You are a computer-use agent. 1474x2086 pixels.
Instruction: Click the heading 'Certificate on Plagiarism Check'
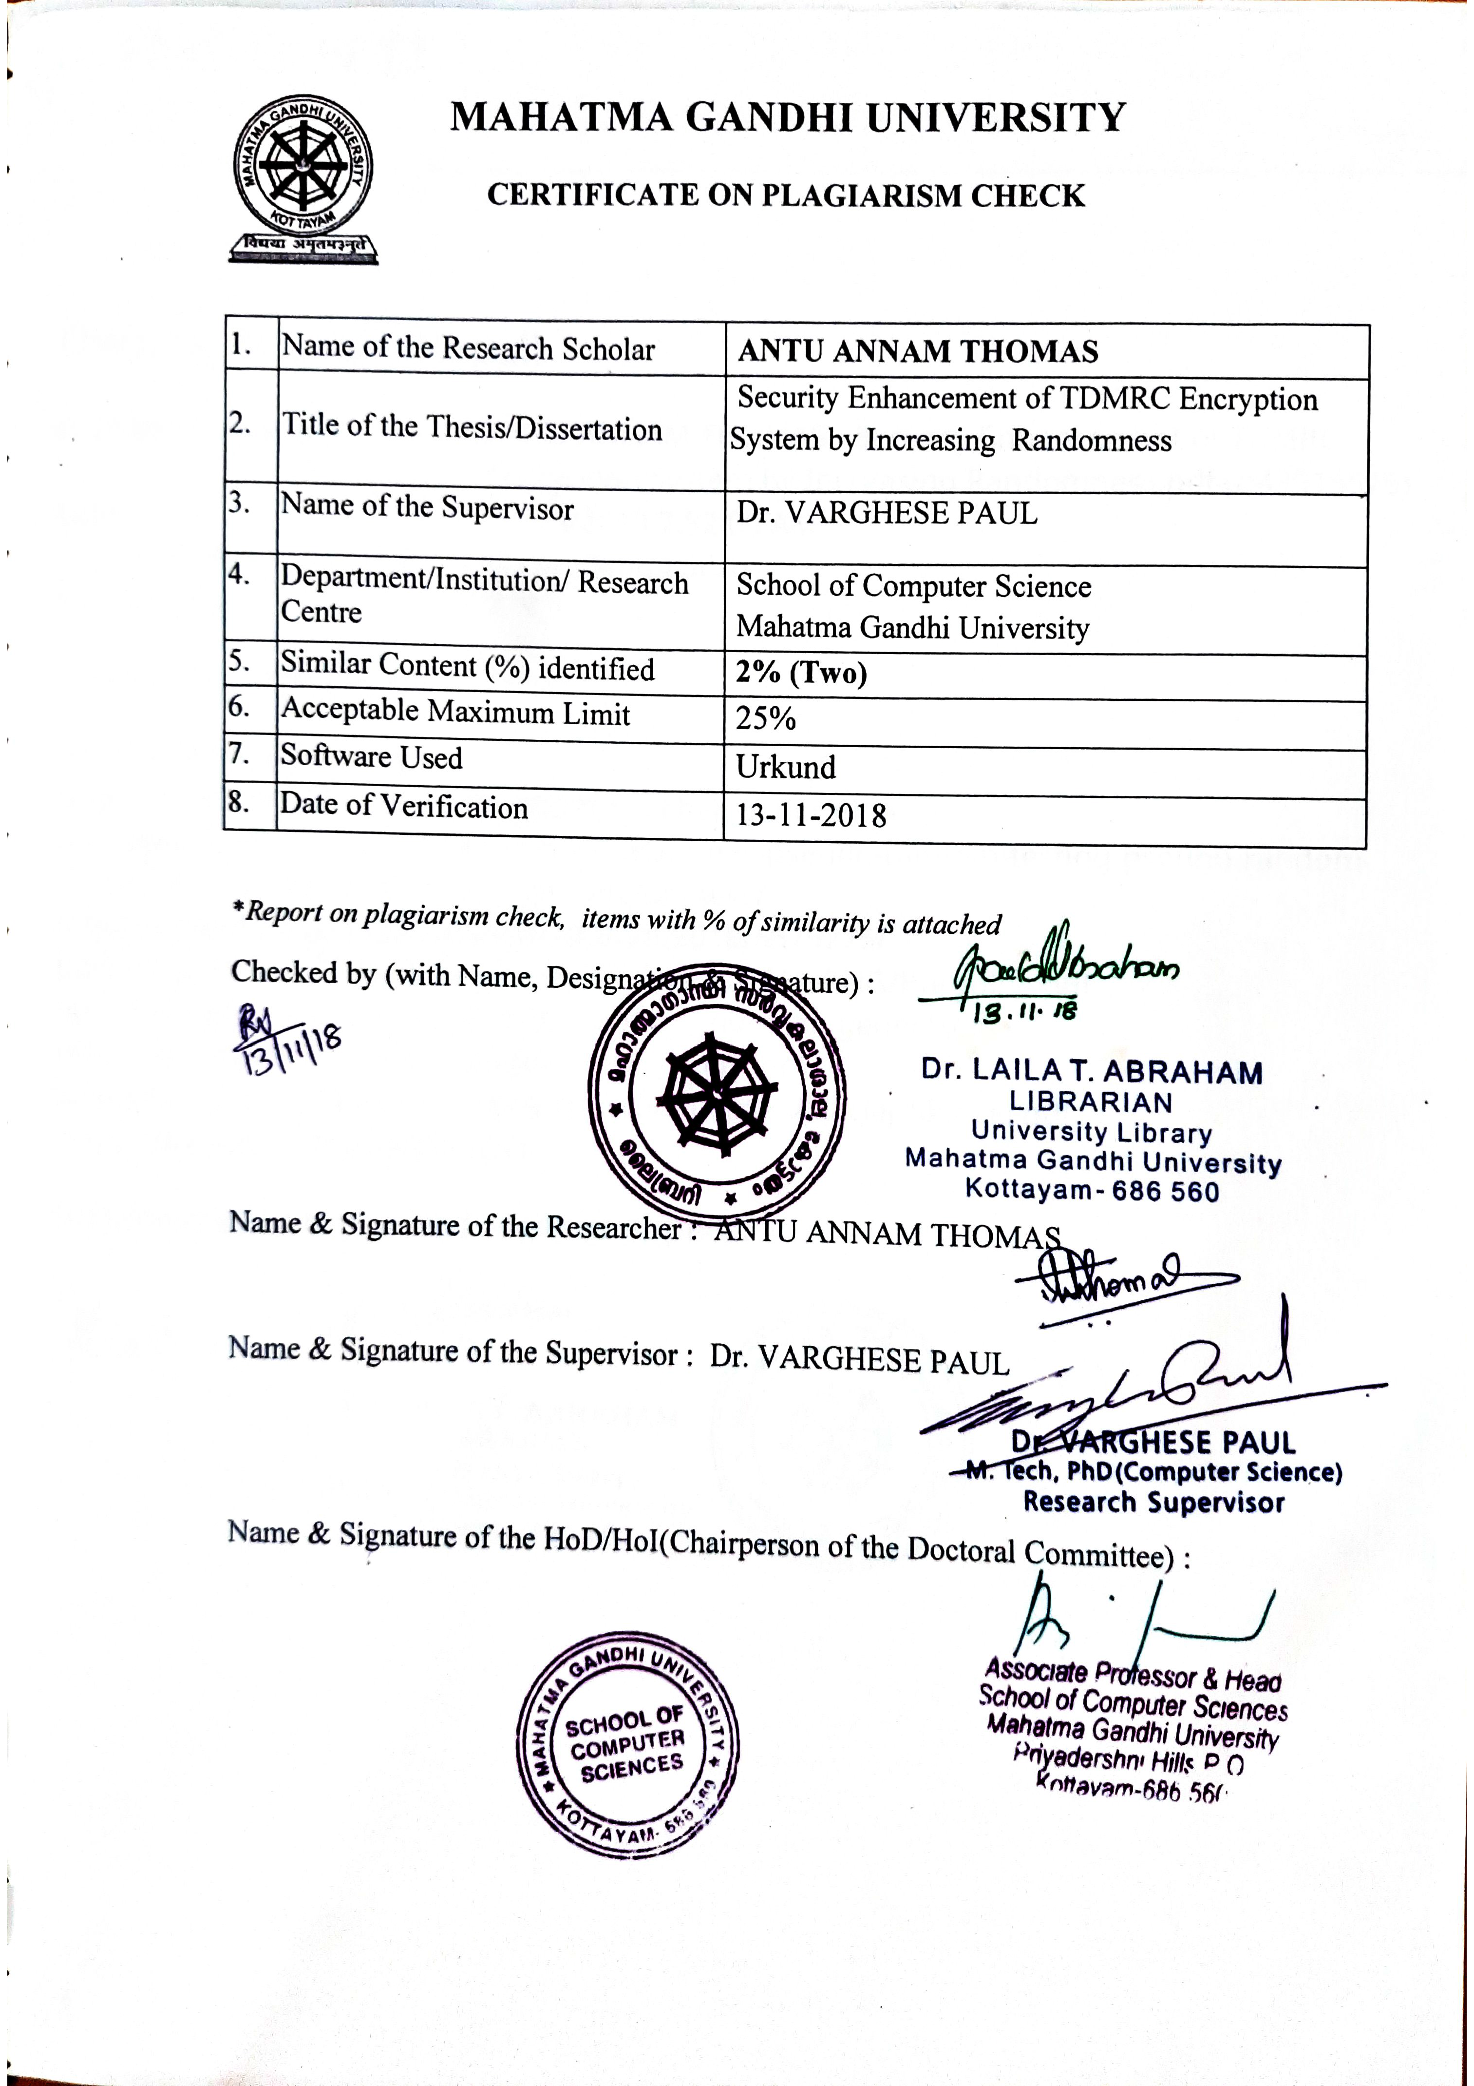(x=786, y=195)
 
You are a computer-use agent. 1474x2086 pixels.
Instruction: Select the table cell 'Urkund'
(x=786, y=768)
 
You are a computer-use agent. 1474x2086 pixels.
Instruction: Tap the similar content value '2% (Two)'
(x=801, y=673)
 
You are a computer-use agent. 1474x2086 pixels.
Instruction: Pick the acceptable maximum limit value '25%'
(x=766, y=719)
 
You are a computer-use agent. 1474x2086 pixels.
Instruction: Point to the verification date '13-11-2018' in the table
(x=810, y=815)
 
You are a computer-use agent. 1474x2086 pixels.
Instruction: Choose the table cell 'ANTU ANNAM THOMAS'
(x=917, y=351)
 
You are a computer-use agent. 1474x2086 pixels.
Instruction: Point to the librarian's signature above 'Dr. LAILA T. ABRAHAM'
(x=1062, y=966)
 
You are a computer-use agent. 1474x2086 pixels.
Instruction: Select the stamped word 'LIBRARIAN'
(x=1091, y=1102)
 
